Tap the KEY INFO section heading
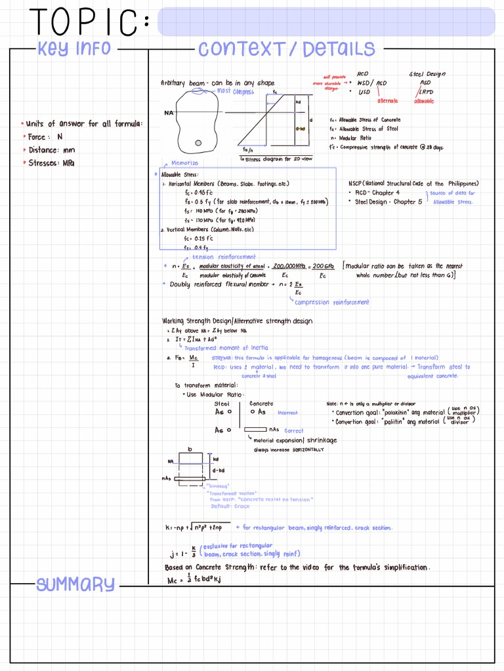point(74,48)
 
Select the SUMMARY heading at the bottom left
point(75,584)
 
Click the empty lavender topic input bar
point(326,22)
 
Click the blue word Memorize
point(185,163)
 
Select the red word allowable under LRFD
point(424,101)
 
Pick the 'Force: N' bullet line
point(45,137)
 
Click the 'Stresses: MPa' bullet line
point(51,163)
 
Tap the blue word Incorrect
point(287,413)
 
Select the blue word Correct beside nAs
point(294,431)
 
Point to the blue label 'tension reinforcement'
point(224,257)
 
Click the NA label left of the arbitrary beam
point(169,113)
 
